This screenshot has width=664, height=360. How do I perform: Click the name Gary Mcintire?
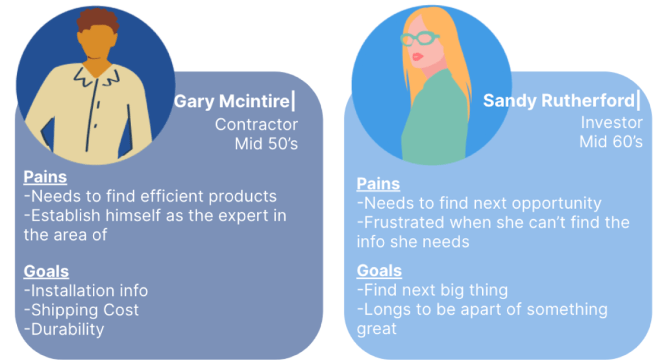pos(232,101)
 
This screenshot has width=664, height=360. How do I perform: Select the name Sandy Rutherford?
pos(559,101)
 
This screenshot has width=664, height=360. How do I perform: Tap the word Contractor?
pos(256,125)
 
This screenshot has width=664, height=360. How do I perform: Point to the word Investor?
pos(611,122)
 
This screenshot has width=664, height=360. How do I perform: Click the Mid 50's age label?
pos(266,144)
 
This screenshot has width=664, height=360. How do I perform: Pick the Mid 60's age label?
pos(611,141)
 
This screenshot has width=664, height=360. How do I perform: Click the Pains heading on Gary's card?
pos(45,177)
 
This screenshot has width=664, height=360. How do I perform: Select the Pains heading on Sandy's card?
pos(378,184)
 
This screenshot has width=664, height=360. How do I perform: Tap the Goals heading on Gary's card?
pos(46,271)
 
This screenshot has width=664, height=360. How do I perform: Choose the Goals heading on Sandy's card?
pos(379,270)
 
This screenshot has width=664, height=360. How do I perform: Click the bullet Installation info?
pos(86,291)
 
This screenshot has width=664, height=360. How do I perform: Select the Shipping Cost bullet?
pos(81,310)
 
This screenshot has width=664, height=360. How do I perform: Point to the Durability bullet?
pos(64,330)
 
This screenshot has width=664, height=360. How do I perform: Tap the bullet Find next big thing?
pos(432,290)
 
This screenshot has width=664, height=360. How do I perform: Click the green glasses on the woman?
pos(419,38)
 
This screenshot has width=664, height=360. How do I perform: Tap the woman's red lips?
pos(417,56)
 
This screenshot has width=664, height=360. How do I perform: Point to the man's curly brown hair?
pos(97,19)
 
